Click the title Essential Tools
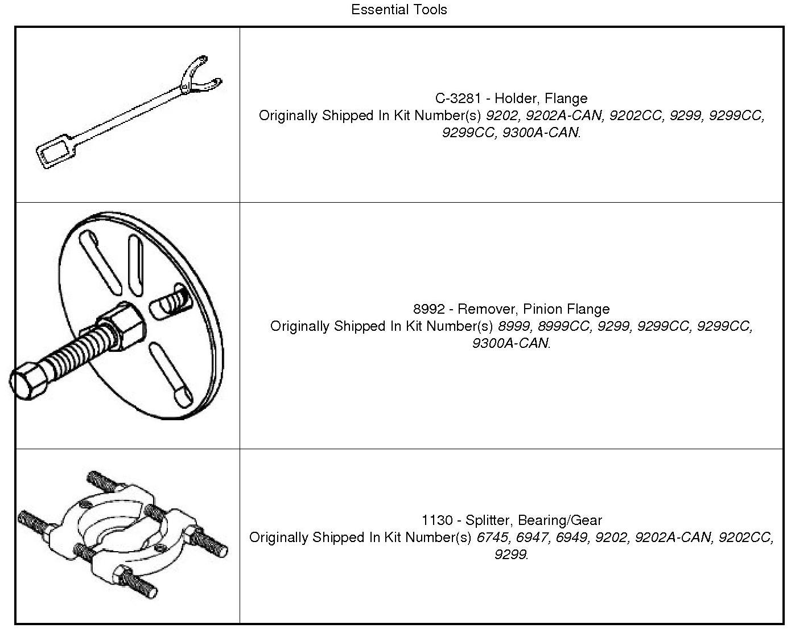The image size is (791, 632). click(399, 10)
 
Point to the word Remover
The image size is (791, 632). click(485, 309)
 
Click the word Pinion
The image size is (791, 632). click(542, 309)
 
